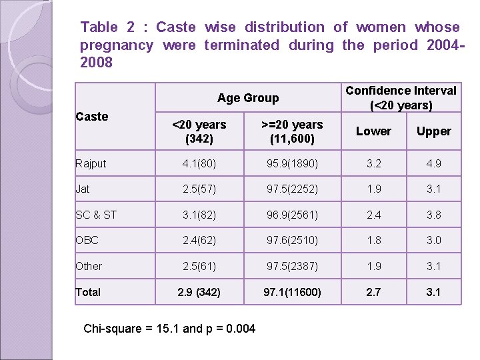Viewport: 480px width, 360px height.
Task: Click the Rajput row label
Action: (91, 163)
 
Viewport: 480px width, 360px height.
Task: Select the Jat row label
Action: (83, 189)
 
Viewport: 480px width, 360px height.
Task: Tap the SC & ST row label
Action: (96, 214)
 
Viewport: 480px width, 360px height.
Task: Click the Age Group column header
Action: (248, 98)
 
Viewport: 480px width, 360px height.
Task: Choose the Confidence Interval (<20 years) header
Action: (401, 98)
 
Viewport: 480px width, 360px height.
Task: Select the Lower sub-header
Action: (373, 131)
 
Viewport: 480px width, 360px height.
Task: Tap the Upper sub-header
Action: (433, 131)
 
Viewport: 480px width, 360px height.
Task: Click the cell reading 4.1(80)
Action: (199, 163)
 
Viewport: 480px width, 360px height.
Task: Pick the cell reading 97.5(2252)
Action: (292, 189)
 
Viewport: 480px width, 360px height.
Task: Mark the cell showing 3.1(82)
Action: (199, 214)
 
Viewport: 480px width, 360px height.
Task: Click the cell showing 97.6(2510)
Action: (292, 240)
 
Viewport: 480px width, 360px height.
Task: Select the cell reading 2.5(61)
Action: (199, 266)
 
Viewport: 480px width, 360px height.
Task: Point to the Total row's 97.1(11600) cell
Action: (292, 292)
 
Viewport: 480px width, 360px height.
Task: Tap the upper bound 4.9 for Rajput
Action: (433, 163)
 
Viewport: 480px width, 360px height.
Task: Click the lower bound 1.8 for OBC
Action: (373, 240)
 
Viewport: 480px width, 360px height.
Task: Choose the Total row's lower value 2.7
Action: (373, 292)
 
